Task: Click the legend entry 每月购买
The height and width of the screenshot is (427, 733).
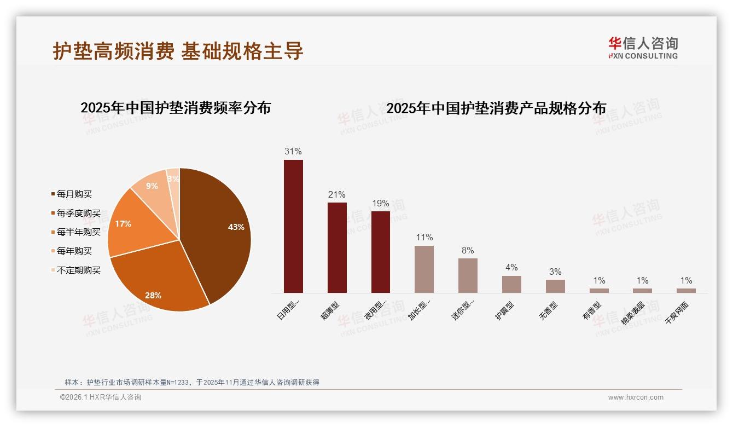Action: pos(74,194)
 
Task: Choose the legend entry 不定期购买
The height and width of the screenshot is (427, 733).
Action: pos(78,270)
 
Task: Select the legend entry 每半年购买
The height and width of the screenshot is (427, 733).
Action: pos(78,232)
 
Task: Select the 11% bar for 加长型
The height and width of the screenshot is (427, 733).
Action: pos(424,269)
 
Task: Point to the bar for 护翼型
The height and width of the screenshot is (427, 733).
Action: pos(511,284)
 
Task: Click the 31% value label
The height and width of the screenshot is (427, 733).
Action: pos(293,151)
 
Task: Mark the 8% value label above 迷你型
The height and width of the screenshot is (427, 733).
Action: pos(468,250)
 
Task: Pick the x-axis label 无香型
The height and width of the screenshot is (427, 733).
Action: pos(549,310)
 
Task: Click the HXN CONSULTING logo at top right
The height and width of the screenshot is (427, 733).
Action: pos(643,48)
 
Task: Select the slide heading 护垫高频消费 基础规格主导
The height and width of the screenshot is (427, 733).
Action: pos(178,51)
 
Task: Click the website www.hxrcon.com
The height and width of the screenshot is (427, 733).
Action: pos(636,397)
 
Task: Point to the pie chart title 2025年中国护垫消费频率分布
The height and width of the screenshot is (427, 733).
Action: pos(176,107)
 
